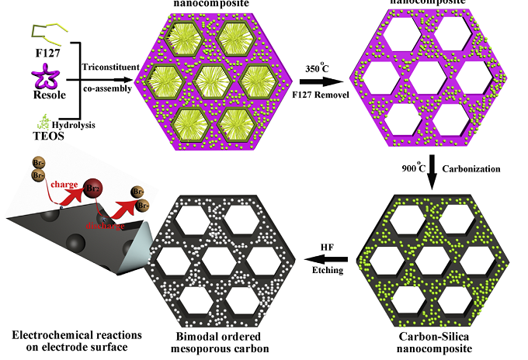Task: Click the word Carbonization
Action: (x=468, y=167)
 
